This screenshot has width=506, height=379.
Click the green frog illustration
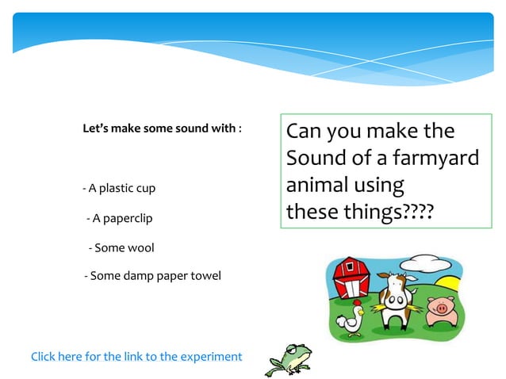[290, 357]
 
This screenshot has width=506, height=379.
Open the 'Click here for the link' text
[136, 357]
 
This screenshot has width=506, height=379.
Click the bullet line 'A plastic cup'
[119, 189]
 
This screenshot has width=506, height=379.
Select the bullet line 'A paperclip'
[119, 218]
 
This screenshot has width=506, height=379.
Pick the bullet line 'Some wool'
[121, 248]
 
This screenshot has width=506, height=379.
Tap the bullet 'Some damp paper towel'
[152, 276]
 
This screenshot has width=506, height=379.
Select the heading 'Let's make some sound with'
[162, 128]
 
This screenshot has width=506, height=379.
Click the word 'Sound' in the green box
[316, 158]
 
